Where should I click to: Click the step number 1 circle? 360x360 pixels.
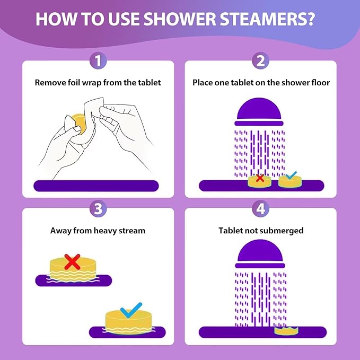point(97,61)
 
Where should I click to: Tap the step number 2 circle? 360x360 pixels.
point(260,61)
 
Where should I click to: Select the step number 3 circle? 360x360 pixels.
point(97,208)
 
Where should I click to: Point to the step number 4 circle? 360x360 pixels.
point(260,208)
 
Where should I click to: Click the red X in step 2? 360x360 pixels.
point(260,178)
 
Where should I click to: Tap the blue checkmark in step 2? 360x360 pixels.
point(290,176)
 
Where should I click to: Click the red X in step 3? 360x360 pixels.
point(72,261)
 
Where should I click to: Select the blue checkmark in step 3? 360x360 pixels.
point(131,309)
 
